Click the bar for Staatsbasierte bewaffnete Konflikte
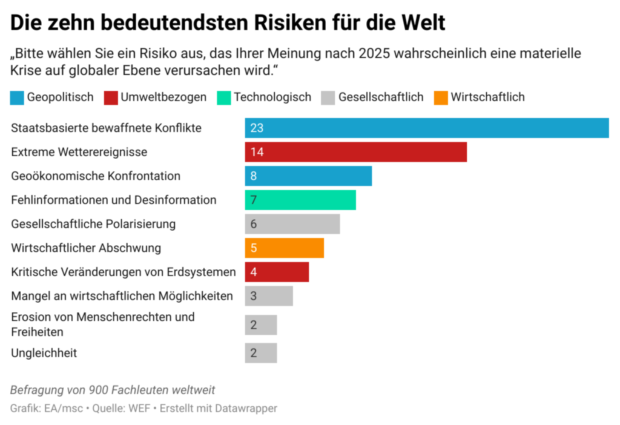point(426,128)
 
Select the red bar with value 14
point(355,152)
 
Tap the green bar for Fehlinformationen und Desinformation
point(300,200)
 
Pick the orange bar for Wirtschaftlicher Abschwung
point(284,248)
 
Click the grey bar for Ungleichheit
point(260,353)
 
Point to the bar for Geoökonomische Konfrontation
point(308,176)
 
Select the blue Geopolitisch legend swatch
point(17,97)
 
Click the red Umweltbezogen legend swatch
point(110,97)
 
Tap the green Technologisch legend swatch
point(223,97)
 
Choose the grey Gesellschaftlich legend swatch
point(328,97)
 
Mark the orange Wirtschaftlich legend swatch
point(441,97)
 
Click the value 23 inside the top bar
point(256,128)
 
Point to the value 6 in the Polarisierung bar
point(253,224)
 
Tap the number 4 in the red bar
point(253,272)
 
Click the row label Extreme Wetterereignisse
point(79,152)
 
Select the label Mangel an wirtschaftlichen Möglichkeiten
point(122,296)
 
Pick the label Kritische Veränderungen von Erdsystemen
point(123,272)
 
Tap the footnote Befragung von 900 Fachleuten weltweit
point(113,390)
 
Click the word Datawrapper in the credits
point(246,409)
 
